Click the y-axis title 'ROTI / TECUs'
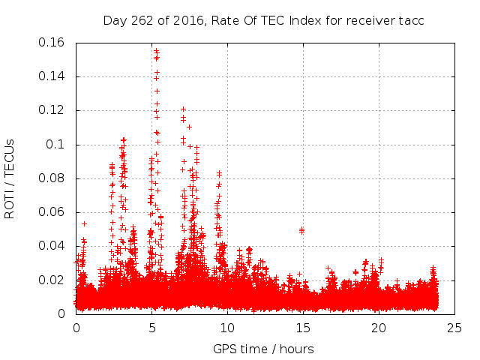click(x=10, y=178)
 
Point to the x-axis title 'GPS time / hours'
click(x=263, y=349)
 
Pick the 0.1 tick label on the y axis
click(x=58, y=144)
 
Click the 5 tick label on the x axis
click(x=151, y=328)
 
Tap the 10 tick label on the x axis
click(x=227, y=328)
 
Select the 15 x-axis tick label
click(x=303, y=328)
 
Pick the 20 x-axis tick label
click(x=379, y=328)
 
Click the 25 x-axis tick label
click(x=454, y=328)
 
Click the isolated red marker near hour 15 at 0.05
click(x=301, y=230)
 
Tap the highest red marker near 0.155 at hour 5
click(x=155, y=51)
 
